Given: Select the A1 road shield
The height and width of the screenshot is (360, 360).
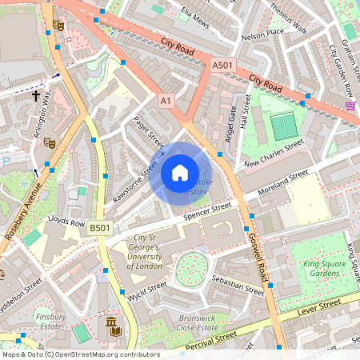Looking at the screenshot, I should [x=166, y=101].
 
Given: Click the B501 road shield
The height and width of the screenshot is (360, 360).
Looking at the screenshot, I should [x=99, y=228].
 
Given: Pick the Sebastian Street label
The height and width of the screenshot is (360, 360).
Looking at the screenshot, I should [x=238, y=286].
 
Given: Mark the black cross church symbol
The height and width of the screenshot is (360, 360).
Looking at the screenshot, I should [x=35, y=95].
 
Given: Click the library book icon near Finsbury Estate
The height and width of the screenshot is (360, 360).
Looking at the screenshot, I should [x=114, y=326].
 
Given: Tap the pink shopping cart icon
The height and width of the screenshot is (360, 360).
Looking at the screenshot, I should [x=350, y=105].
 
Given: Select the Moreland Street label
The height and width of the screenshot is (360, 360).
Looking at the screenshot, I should [x=276, y=185].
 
